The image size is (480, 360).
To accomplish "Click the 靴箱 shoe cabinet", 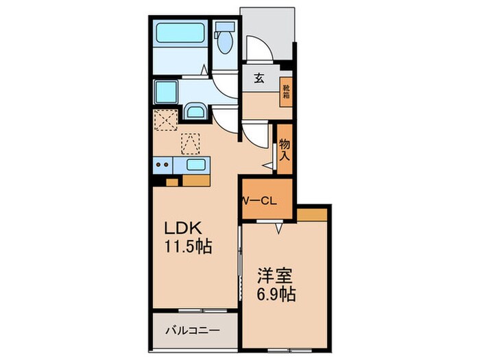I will [286, 91].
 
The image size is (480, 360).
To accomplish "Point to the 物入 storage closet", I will [285, 149].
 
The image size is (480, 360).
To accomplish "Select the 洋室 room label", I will [275, 278].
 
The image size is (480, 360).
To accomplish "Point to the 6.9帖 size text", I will [276, 297].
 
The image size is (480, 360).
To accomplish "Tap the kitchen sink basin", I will [195, 165].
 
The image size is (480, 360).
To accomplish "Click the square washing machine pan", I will [167, 91].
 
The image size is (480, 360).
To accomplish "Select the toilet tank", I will [224, 28].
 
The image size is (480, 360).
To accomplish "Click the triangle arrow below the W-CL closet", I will [278, 229].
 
